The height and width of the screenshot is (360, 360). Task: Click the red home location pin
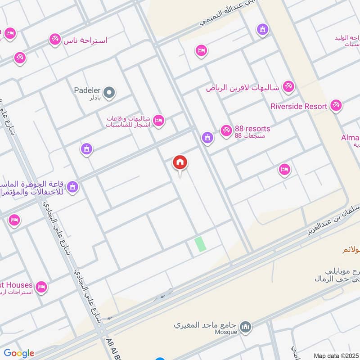[x=180, y=163]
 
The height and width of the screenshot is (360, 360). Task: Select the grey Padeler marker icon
[x=109, y=94]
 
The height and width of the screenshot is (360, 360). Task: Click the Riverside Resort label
[x=298, y=106]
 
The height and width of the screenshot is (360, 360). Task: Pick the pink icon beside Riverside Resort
[x=335, y=106]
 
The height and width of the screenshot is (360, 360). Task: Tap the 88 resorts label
[x=252, y=129]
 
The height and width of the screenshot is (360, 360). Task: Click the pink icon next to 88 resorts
[x=226, y=130]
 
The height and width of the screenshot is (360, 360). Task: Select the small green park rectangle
[x=200, y=244]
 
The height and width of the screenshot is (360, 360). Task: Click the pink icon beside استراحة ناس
[x=55, y=40]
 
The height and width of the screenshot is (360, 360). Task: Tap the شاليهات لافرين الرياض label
[x=243, y=88]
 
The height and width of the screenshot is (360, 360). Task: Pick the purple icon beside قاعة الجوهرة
[x=72, y=186]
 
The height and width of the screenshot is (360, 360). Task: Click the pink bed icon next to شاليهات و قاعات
[x=158, y=120]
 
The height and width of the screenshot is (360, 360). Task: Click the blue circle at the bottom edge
[x=160, y=359]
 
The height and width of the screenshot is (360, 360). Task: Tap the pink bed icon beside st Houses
[x=41, y=287]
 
